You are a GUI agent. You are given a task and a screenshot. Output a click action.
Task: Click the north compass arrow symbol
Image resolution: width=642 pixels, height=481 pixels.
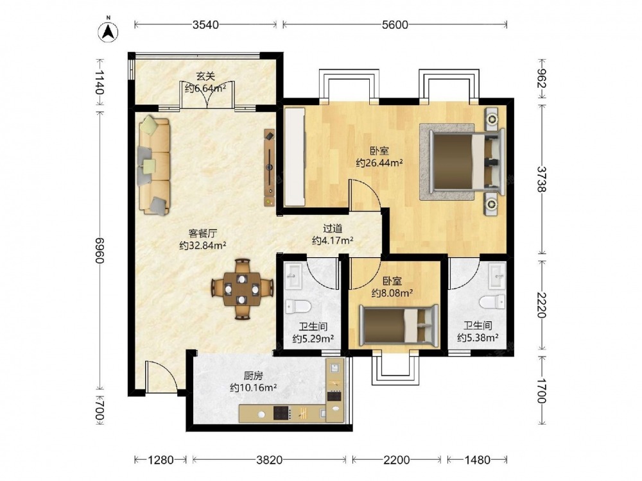coord(108,31)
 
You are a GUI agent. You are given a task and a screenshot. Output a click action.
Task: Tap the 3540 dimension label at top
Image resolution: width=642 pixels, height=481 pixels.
coord(205,24)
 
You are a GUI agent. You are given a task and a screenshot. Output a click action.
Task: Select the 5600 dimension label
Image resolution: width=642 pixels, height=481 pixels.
coord(395,24)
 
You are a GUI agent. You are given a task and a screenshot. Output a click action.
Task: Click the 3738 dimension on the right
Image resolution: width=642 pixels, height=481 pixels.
coord(542,179)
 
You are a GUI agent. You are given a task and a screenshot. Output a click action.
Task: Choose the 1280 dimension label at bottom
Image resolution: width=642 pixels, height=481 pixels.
coord(160,460)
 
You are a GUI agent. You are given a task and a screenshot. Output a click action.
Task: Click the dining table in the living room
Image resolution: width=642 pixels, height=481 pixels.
coord(243,289)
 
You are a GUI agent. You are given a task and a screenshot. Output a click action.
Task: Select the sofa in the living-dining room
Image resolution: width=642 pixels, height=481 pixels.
coord(153,165)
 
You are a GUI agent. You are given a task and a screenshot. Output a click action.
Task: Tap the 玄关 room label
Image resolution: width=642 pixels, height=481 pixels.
coord(205,76)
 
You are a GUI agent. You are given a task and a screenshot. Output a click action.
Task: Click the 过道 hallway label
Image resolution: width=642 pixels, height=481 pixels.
coord(333,229)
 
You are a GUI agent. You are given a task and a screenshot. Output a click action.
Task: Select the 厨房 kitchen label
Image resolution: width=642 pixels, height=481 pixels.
coord(253,375)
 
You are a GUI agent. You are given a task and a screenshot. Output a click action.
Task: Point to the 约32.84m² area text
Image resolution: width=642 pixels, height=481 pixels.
coord(203,246)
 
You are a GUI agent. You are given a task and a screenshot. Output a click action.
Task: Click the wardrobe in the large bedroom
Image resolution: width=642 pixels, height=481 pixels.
coord(295,156)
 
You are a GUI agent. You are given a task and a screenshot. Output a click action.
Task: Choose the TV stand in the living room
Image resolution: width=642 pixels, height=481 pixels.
coord(270,167)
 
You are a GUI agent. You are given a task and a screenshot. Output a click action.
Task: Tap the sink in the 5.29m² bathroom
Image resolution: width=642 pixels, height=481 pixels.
coord(293,275)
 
